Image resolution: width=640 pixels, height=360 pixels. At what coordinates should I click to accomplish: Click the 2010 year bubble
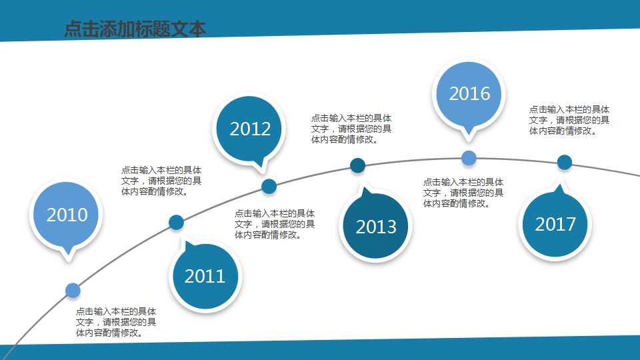pyautogui.click(x=67, y=215)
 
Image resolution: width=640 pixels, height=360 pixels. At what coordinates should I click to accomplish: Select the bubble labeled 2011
pyautogui.click(x=205, y=276)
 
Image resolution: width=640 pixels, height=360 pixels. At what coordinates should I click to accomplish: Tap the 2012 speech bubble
pyautogui.click(x=250, y=129)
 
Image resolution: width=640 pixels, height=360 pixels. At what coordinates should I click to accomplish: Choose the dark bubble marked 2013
pyautogui.click(x=376, y=227)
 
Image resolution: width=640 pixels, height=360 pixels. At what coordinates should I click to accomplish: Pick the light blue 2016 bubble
pyautogui.click(x=469, y=93)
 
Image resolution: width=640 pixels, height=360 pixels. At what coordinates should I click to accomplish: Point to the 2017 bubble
pyautogui.click(x=555, y=224)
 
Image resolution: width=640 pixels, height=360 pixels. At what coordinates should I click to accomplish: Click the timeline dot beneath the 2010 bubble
pyautogui.click(x=73, y=290)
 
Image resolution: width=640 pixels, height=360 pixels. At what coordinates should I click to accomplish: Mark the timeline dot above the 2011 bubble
pyautogui.click(x=176, y=223)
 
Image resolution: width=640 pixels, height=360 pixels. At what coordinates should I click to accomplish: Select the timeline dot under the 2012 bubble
pyautogui.click(x=269, y=186)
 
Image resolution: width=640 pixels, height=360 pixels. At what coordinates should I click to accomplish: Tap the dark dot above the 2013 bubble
pyautogui.click(x=357, y=165)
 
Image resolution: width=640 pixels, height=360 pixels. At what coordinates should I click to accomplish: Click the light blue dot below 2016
pyautogui.click(x=469, y=158)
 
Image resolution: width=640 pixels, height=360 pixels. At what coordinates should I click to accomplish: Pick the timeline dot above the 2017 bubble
pyautogui.click(x=565, y=162)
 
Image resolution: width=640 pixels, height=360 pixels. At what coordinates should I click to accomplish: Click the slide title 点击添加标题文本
pyautogui.click(x=135, y=29)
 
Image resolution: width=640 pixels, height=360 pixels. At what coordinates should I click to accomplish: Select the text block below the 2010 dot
pyautogui.click(x=117, y=322)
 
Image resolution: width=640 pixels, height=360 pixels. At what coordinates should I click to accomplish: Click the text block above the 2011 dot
pyautogui.click(x=161, y=181)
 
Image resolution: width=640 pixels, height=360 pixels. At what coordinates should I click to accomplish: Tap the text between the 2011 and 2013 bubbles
pyautogui.click(x=275, y=224)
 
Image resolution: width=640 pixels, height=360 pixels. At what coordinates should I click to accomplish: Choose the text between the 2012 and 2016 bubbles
pyautogui.click(x=351, y=129)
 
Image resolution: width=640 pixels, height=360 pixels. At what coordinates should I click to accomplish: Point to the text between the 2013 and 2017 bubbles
pyautogui.click(x=463, y=193)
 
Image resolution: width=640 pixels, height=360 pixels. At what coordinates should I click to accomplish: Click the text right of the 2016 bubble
pyautogui.click(x=569, y=121)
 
